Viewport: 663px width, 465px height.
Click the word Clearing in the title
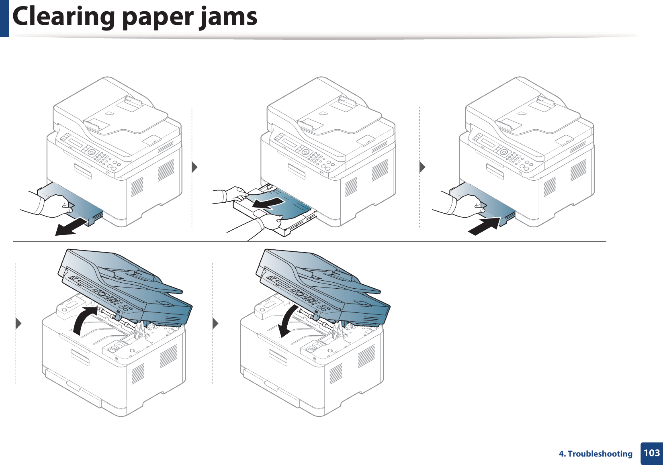[64, 17]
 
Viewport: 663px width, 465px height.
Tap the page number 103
[651, 453]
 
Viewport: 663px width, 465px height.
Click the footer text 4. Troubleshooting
[595, 454]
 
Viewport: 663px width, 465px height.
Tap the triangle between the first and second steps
[195, 166]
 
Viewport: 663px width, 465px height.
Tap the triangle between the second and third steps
[422, 166]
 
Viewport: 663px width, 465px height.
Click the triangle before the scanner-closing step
[215, 323]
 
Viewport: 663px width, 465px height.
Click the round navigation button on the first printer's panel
[92, 152]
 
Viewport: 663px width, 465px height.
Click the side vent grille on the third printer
[578, 170]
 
